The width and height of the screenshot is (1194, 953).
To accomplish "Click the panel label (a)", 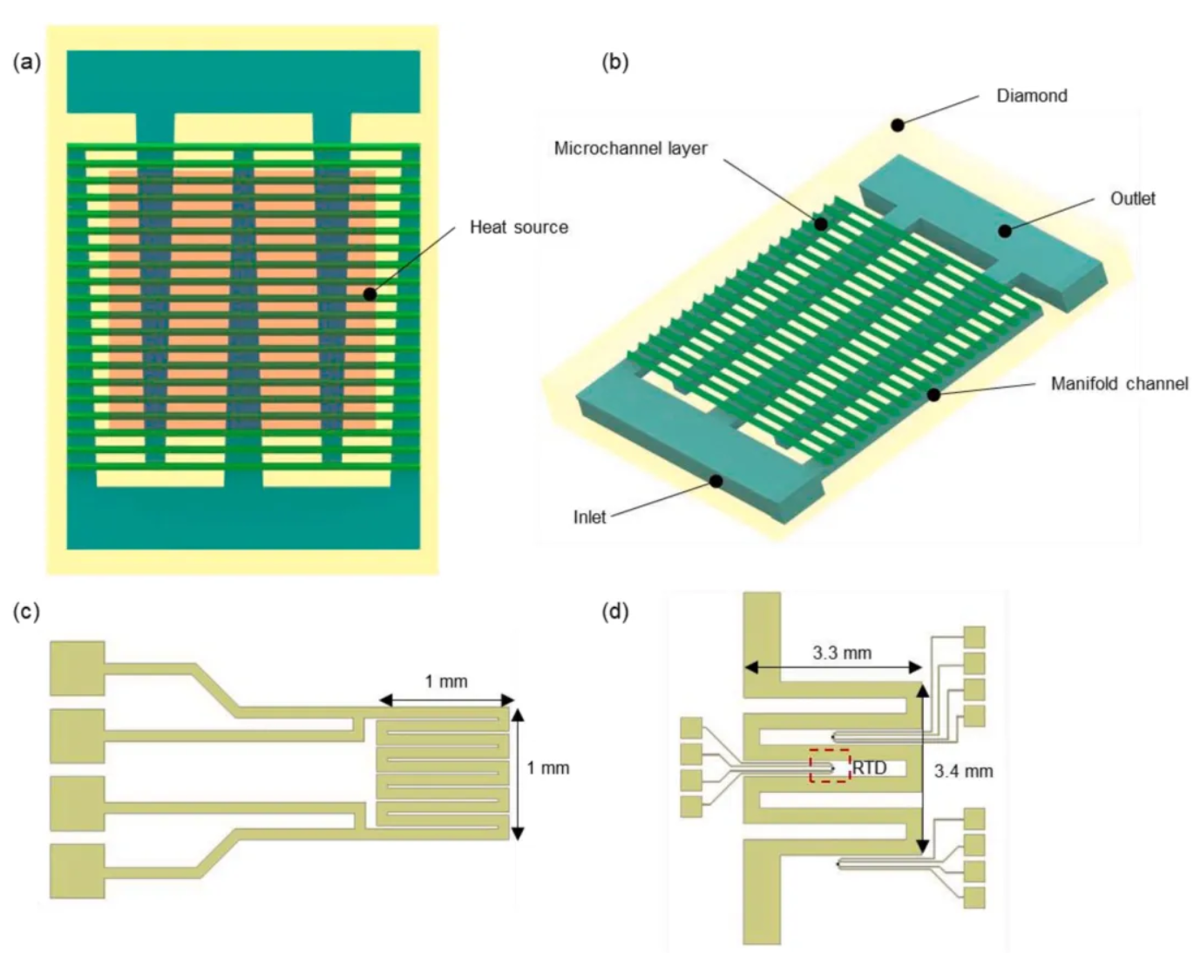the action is point(27,62).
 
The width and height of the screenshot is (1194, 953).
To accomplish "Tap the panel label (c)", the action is point(27,612).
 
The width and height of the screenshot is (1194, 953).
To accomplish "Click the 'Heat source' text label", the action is point(519,226).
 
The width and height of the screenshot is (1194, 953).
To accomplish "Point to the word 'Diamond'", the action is point(1032,96).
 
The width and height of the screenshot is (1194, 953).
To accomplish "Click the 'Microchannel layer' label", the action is point(631,148).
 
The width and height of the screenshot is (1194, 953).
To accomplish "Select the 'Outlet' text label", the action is point(1132,199).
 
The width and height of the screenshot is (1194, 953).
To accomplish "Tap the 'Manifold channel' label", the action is point(1120,383).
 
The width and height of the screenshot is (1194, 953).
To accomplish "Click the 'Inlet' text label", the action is point(589,517).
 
